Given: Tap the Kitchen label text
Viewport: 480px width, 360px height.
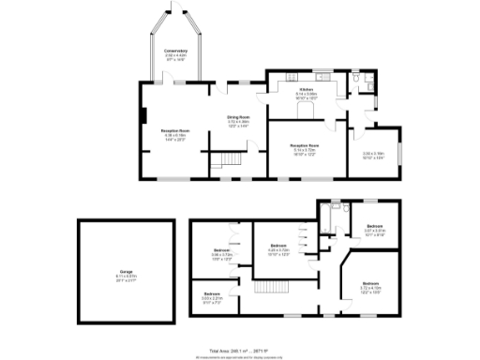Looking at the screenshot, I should tap(307, 90).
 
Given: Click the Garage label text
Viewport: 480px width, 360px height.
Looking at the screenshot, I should tap(127, 272).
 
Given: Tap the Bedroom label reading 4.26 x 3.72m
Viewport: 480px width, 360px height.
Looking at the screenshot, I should tap(278, 246).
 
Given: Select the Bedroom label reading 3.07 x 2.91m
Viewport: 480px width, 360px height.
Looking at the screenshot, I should tap(375, 227).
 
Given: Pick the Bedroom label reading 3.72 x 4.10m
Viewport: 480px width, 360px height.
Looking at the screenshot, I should tap(370, 283).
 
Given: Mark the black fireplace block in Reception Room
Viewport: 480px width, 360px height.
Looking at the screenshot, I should tap(143, 117).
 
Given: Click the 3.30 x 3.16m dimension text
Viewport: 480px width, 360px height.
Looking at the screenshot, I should tap(373, 155).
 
